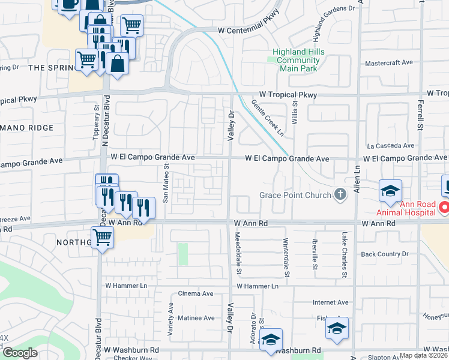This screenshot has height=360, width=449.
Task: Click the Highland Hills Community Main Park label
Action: click(298, 60)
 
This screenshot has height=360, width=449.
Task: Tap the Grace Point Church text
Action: click(295, 195)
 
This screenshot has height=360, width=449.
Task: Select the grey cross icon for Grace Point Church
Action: click(340, 194)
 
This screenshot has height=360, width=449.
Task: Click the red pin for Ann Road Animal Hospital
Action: click(444, 208)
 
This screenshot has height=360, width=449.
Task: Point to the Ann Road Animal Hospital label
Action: click(406, 208)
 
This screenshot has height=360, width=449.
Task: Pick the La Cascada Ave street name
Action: click(391, 145)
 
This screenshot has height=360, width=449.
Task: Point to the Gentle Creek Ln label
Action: click(268, 117)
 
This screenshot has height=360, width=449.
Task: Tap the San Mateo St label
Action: click(166, 184)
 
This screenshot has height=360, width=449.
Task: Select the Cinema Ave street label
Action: click(196, 294)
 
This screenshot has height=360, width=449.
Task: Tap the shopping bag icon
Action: click(118, 63)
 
